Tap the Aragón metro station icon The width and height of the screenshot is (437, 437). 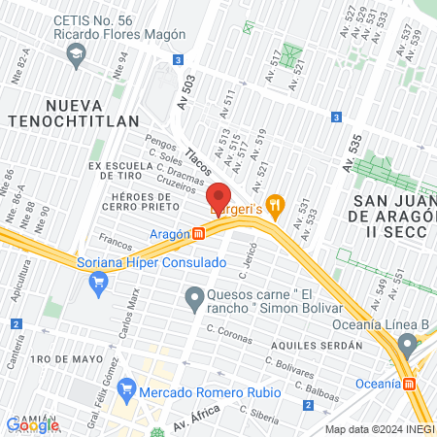[x=198, y=233]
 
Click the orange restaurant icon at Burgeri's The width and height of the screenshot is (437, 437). [x=276, y=204]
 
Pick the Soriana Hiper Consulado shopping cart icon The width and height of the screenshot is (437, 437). [x=97, y=284]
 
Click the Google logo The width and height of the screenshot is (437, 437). [x=33, y=424]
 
